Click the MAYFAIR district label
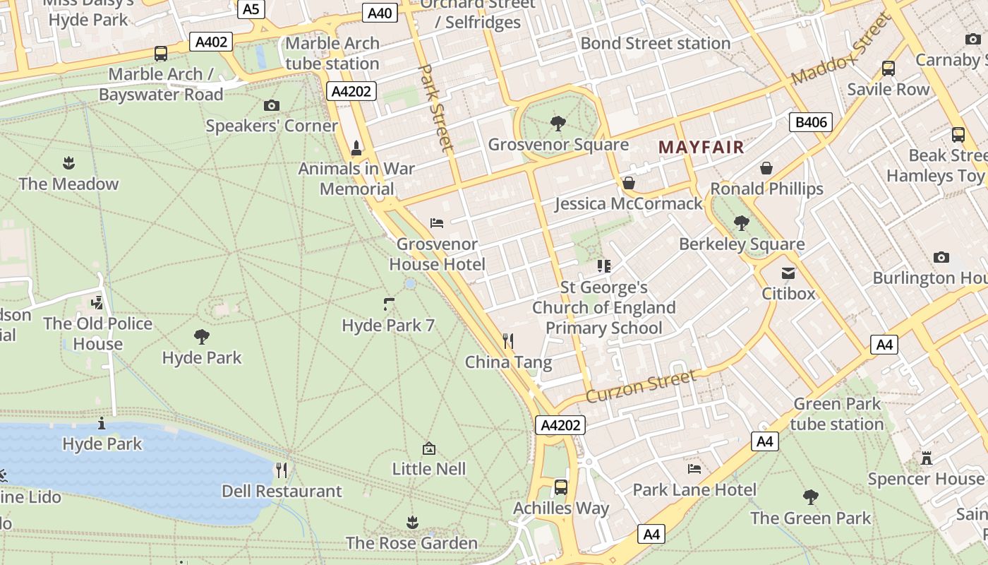point(701,148)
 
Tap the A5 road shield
point(251,9)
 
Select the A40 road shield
point(380,13)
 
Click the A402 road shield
point(211,42)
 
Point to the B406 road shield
point(810,122)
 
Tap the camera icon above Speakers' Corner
point(271,106)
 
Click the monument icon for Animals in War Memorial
point(356,148)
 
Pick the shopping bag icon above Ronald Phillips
point(766,168)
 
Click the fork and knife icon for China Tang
point(508,341)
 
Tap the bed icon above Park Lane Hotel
point(694,468)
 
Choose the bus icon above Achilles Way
point(560,487)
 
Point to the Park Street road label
point(436,107)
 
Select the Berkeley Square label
point(741,244)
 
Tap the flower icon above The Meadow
point(68,163)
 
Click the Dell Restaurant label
point(282,491)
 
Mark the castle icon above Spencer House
point(926,458)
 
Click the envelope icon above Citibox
point(788,273)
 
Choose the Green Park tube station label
point(837,414)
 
